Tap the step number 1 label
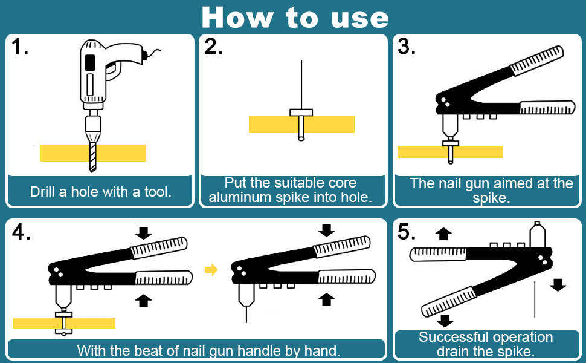pos(20,47)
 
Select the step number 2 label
pos(213,47)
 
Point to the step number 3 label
pos(407,47)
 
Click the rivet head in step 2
pos(301,112)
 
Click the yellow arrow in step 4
pos(211,269)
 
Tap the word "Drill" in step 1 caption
pos(45,192)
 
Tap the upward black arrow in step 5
pos(444,234)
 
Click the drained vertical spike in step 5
pos(535,299)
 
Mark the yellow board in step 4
pos(36,323)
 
